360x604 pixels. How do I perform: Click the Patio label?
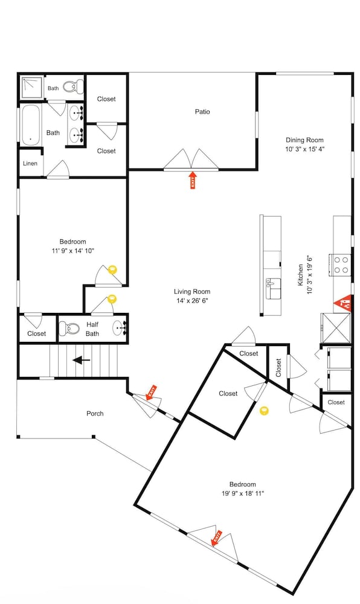pos(202,112)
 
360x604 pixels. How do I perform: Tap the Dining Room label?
pos(304,140)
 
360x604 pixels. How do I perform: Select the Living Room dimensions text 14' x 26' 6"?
pos(192,301)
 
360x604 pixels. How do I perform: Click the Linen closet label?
pos(30,163)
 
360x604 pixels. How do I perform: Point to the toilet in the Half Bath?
pos(69,329)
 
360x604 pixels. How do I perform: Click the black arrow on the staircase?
pos(81,360)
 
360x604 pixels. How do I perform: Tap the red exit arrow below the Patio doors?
pos(193,180)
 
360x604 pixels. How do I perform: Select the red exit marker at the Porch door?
pos(152,393)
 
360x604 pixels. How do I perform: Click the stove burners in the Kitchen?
pos(341,265)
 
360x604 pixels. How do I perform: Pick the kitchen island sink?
pos(274,289)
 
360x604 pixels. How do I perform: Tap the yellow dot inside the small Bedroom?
pos(112,269)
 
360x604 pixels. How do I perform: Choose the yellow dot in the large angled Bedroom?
pos(264,411)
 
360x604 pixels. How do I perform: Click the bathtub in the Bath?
pos(31,124)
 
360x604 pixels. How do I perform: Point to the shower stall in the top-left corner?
pos(31,88)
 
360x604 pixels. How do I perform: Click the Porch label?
pos(95,413)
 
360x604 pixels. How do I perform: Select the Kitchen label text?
pos(300,275)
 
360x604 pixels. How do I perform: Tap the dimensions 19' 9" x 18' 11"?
pos(243,493)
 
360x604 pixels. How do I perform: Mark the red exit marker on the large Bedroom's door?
pos(217,538)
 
